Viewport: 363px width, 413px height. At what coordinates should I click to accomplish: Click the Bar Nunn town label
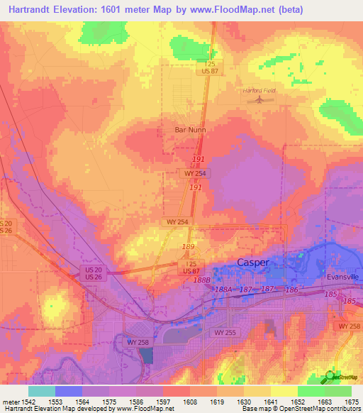189,130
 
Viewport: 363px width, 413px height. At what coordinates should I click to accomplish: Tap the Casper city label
252,262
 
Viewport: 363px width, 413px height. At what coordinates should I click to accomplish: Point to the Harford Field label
260,91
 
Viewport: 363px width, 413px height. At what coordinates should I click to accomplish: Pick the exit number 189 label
189,246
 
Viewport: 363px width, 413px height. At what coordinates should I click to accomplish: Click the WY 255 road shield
225,332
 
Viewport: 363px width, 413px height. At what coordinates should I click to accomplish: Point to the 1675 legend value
348,402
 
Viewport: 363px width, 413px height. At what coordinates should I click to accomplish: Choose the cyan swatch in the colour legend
41,391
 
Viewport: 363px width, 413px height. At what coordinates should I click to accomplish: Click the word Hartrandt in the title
30,9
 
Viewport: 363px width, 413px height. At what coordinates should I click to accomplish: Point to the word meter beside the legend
11,402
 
